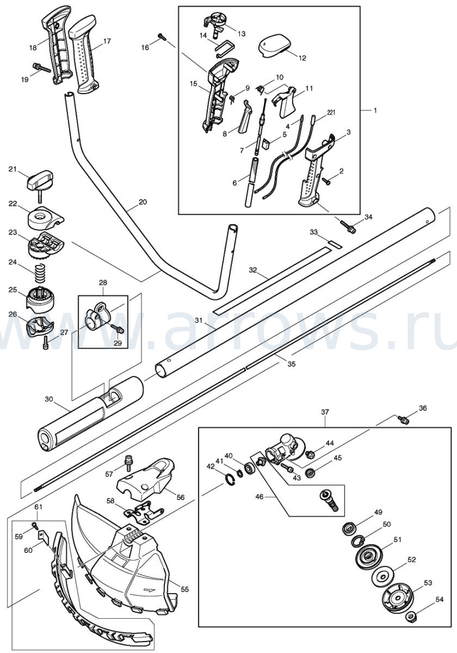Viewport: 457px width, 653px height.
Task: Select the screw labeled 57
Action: [127, 462]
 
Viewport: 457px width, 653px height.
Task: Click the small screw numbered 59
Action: [35, 524]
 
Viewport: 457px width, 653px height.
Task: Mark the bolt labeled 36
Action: [403, 420]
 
